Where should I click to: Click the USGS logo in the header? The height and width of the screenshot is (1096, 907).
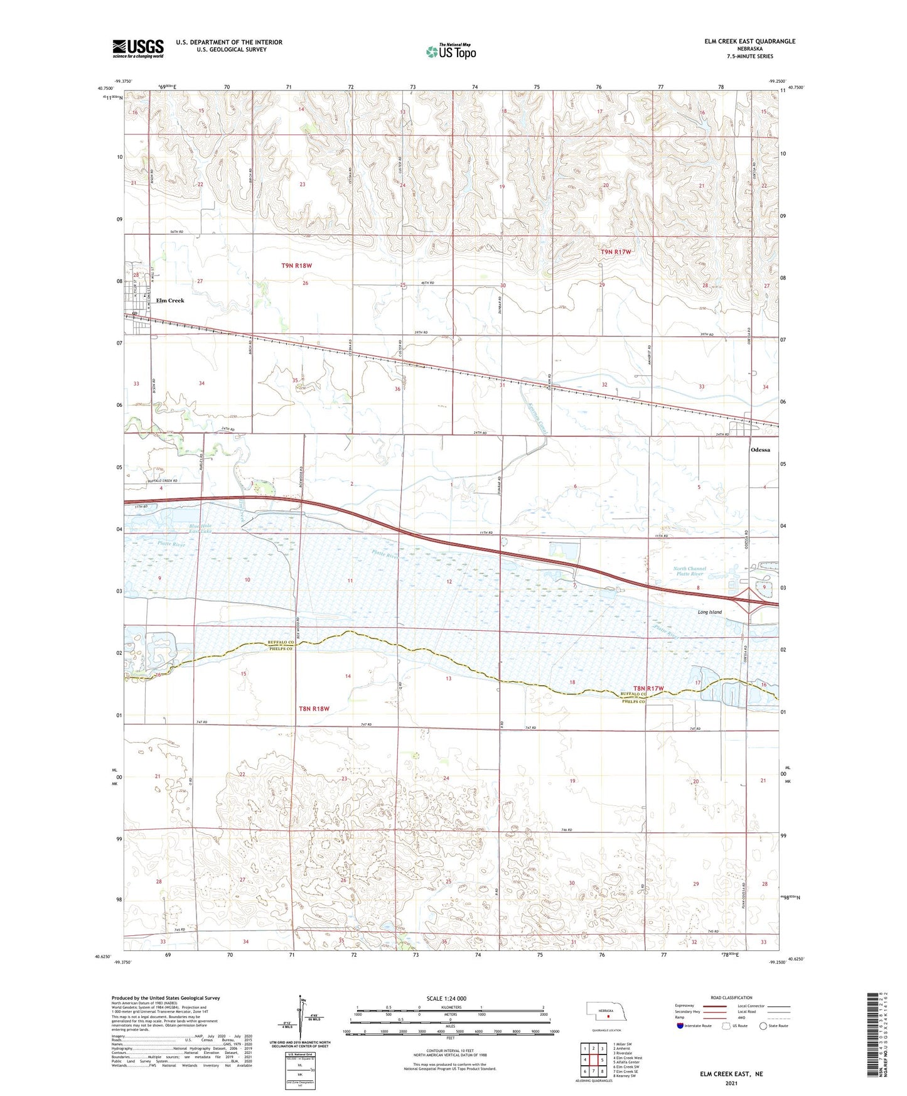(x=138, y=48)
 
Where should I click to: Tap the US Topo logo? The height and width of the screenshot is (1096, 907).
(x=450, y=51)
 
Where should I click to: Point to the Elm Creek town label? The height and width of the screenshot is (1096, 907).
(x=170, y=301)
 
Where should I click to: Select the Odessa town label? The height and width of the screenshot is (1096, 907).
(x=760, y=450)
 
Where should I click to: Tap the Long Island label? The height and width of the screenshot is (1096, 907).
(x=710, y=612)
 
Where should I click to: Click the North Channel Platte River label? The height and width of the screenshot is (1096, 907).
(x=690, y=571)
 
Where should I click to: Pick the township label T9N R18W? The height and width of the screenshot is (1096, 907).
(x=296, y=266)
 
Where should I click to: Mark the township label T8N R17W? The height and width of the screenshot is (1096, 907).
(x=648, y=689)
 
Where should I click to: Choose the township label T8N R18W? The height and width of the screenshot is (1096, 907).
(x=314, y=709)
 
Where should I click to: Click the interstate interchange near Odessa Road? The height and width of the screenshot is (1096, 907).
(x=751, y=601)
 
